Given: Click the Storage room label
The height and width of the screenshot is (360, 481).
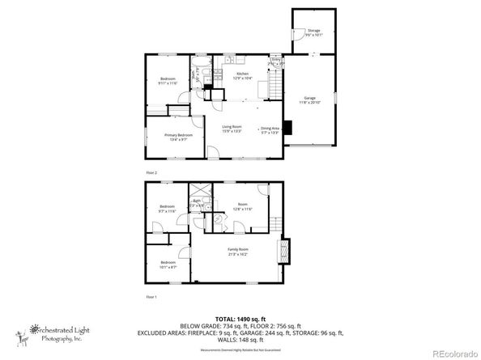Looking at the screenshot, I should click(313, 32).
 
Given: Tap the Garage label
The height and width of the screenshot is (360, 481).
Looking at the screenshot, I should click(309, 100).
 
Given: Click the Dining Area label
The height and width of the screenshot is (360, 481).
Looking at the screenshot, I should click(269, 130).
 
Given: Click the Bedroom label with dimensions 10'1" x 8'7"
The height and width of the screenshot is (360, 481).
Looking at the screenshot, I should click(168, 265).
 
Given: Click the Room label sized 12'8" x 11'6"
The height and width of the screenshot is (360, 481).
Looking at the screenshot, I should click(236, 207).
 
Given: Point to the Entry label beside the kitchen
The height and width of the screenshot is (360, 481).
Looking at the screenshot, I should click(276, 61).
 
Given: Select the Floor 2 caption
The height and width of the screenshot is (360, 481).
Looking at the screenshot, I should click(151, 172).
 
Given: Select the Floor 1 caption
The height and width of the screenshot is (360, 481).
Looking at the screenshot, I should click(151, 297).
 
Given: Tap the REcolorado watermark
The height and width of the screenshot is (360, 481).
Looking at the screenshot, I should click(453, 352).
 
